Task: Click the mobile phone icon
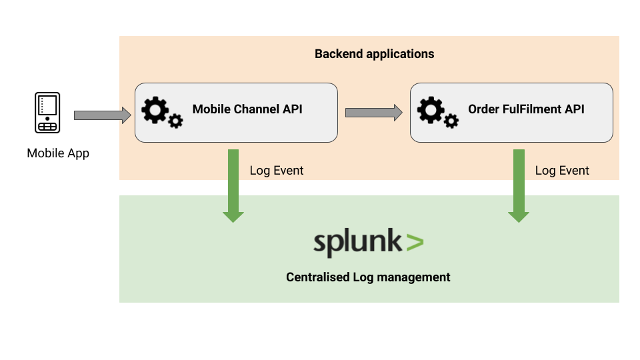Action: (47, 113)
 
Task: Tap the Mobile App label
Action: (58, 153)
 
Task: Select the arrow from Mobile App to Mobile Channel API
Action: (102, 115)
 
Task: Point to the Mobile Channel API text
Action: (247, 109)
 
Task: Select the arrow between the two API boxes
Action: (373, 113)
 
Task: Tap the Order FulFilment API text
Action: (526, 109)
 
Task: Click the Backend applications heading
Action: (374, 54)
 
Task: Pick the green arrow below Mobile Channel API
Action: (233, 185)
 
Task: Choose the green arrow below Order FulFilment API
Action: (519, 185)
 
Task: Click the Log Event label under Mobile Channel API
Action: (276, 171)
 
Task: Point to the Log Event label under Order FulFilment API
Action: (562, 171)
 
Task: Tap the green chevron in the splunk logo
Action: (414, 242)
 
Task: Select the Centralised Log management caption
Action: (368, 277)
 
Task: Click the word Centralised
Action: (318, 277)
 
